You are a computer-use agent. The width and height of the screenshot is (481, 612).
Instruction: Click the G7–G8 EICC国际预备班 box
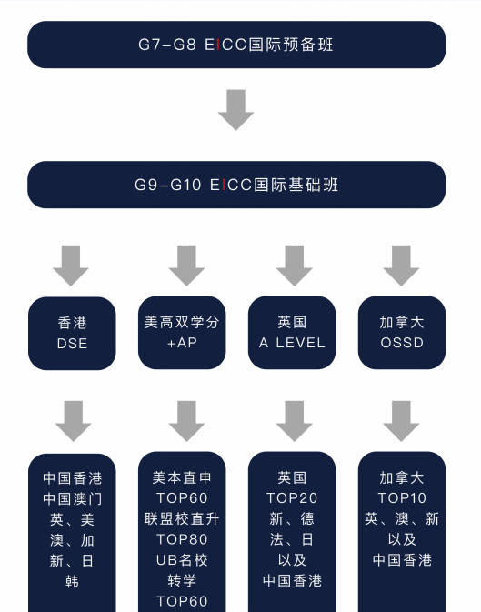(236, 45)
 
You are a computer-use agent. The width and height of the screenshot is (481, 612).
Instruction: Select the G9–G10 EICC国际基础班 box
(236, 185)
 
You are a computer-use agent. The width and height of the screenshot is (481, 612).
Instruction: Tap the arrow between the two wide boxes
(235, 110)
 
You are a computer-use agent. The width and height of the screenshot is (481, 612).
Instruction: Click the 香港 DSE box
(72, 334)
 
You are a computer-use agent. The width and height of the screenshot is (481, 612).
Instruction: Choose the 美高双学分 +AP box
(182, 333)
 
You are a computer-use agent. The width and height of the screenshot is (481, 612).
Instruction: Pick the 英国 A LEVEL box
(292, 333)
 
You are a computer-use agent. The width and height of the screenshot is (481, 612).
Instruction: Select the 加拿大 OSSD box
(402, 333)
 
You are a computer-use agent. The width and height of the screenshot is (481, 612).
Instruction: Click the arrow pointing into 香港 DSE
(71, 266)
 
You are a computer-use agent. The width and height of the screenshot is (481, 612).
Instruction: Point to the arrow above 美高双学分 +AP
(186, 266)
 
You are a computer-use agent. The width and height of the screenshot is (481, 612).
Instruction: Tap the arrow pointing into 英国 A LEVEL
(295, 266)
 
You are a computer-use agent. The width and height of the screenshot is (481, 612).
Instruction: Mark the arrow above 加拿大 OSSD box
(401, 266)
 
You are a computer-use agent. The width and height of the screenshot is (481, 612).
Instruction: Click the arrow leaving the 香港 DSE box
(73, 421)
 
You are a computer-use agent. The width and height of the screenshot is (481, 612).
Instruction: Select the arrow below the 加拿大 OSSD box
(401, 421)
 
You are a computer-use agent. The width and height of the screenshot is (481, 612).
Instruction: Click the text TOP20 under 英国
(292, 498)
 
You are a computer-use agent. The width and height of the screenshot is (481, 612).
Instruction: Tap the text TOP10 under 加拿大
(402, 498)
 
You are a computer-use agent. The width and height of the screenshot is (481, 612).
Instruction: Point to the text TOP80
(182, 540)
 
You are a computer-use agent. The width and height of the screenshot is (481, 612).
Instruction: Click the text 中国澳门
(72, 499)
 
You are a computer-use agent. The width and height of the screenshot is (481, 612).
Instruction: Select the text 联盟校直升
(182, 519)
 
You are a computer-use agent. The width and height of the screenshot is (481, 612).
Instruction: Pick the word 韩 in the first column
(72, 582)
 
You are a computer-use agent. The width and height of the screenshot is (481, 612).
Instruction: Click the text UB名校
(182, 560)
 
